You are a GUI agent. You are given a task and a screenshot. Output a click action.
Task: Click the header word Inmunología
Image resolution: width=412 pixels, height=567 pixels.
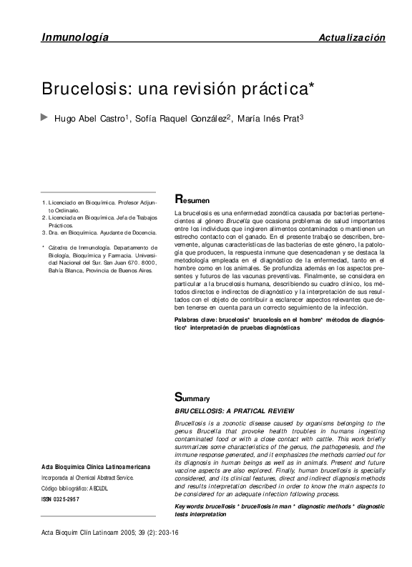tap(74, 37)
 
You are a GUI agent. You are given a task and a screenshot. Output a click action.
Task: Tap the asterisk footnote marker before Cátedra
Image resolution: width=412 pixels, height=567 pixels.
tap(44, 247)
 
